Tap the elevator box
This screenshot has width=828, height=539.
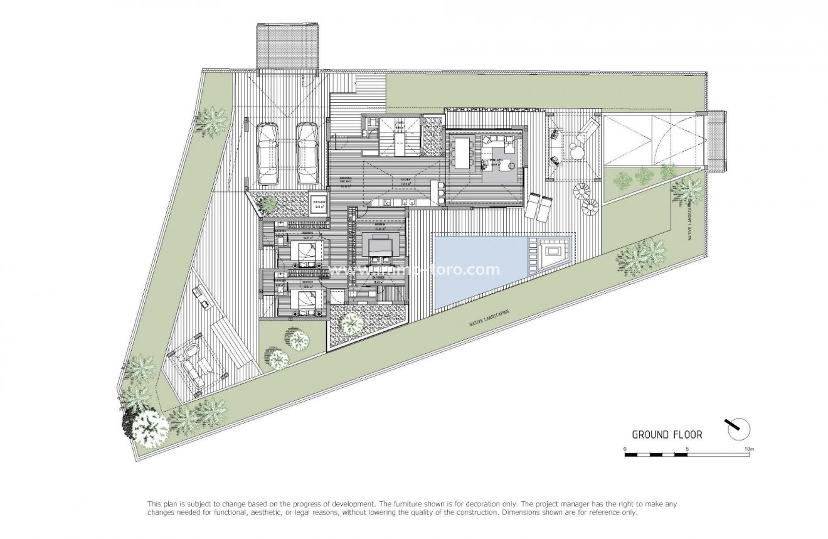point(319,203)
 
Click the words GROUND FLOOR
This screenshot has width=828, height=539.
point(667,434)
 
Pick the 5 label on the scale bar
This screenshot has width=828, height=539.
point(687,449)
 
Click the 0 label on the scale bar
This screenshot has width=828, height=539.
point(625,449)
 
